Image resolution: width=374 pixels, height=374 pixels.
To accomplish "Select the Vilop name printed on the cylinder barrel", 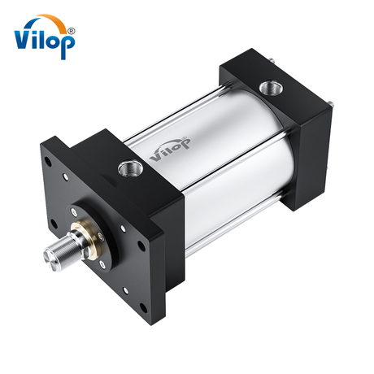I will pyautogui.click(x=168, y=150).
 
